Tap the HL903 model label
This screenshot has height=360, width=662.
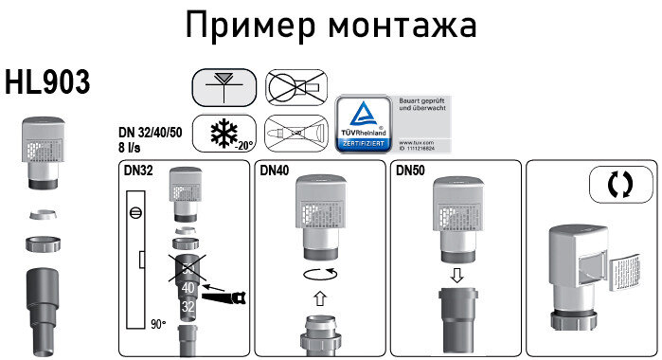tap(47, 82)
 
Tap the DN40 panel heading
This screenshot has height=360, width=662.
tap(275, 171)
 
